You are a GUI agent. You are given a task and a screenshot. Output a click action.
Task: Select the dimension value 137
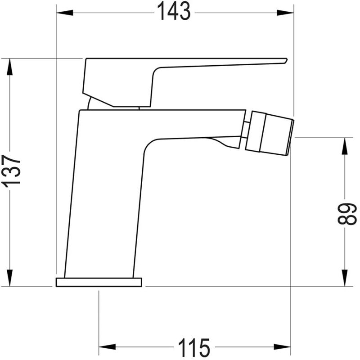11,171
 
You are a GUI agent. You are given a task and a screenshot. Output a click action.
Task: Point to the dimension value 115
194,347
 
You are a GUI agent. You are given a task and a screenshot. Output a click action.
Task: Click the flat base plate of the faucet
99,282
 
